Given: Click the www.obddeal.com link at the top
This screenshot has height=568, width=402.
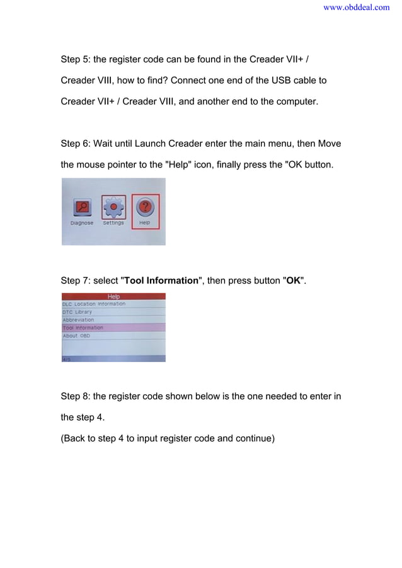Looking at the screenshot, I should point(356,8).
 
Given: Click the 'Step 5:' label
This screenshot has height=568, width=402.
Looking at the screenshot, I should point(76,60).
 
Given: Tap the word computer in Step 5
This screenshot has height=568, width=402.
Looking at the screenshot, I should point(296,101).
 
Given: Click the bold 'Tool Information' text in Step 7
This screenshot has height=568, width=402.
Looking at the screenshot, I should point(161,280).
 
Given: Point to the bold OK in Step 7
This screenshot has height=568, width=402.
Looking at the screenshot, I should point(293,280).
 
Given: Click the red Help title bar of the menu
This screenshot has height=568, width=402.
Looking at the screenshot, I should point(113,297).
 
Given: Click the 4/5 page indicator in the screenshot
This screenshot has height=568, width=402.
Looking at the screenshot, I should point(66,358).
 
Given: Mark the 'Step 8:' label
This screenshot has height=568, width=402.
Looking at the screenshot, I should point(76,396).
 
